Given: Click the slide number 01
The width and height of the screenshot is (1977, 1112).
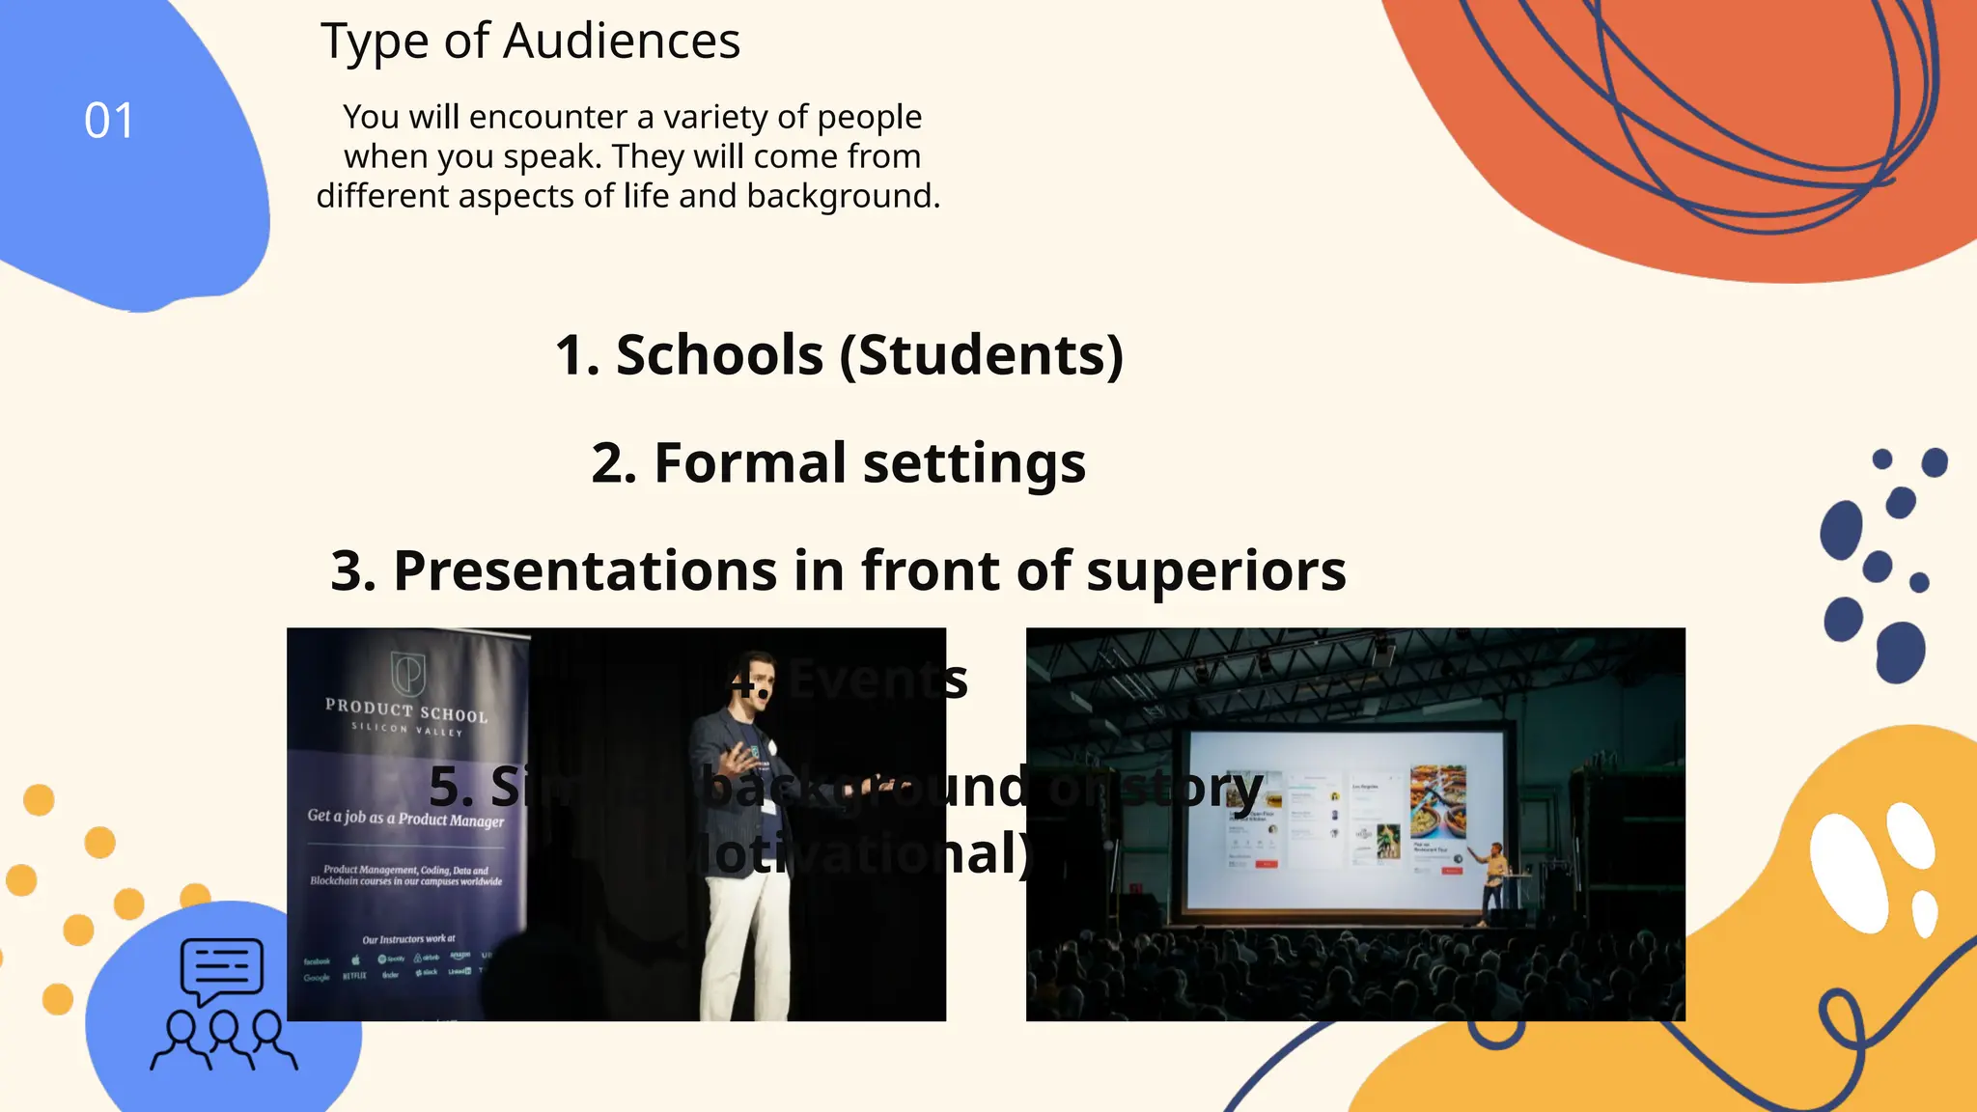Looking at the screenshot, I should pyautogui.click(x=109, y=122).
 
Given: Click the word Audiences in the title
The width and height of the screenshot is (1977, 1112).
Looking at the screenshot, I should pyautogui.click(x=622, y=42).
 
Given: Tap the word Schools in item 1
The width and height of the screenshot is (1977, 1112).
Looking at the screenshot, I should pyautogui.click(x=719, y=355).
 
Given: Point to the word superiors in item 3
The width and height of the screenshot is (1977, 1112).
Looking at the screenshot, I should pyautogui.click(x=1215, y=570).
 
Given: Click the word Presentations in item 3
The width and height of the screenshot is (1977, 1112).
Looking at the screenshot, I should pyautogui.click(x=585, y=570).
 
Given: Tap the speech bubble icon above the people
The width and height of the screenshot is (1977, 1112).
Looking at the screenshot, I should pyautogui.click(x=222, y=968).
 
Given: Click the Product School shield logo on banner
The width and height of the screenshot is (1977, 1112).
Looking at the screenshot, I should pyautogui.click(x=407, y=672).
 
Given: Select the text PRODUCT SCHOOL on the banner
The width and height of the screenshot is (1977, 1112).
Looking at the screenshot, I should pyautogui.click(x=406, y=710).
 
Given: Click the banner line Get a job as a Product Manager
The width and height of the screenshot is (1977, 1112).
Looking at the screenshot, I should pyautogui.click(x=405, y=818).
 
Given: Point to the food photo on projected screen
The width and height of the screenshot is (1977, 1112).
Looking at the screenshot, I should pyautogui.click(x=1437, y=801).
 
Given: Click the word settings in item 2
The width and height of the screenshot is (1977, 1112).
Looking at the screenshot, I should pyautogui.click(x=974, y=463).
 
